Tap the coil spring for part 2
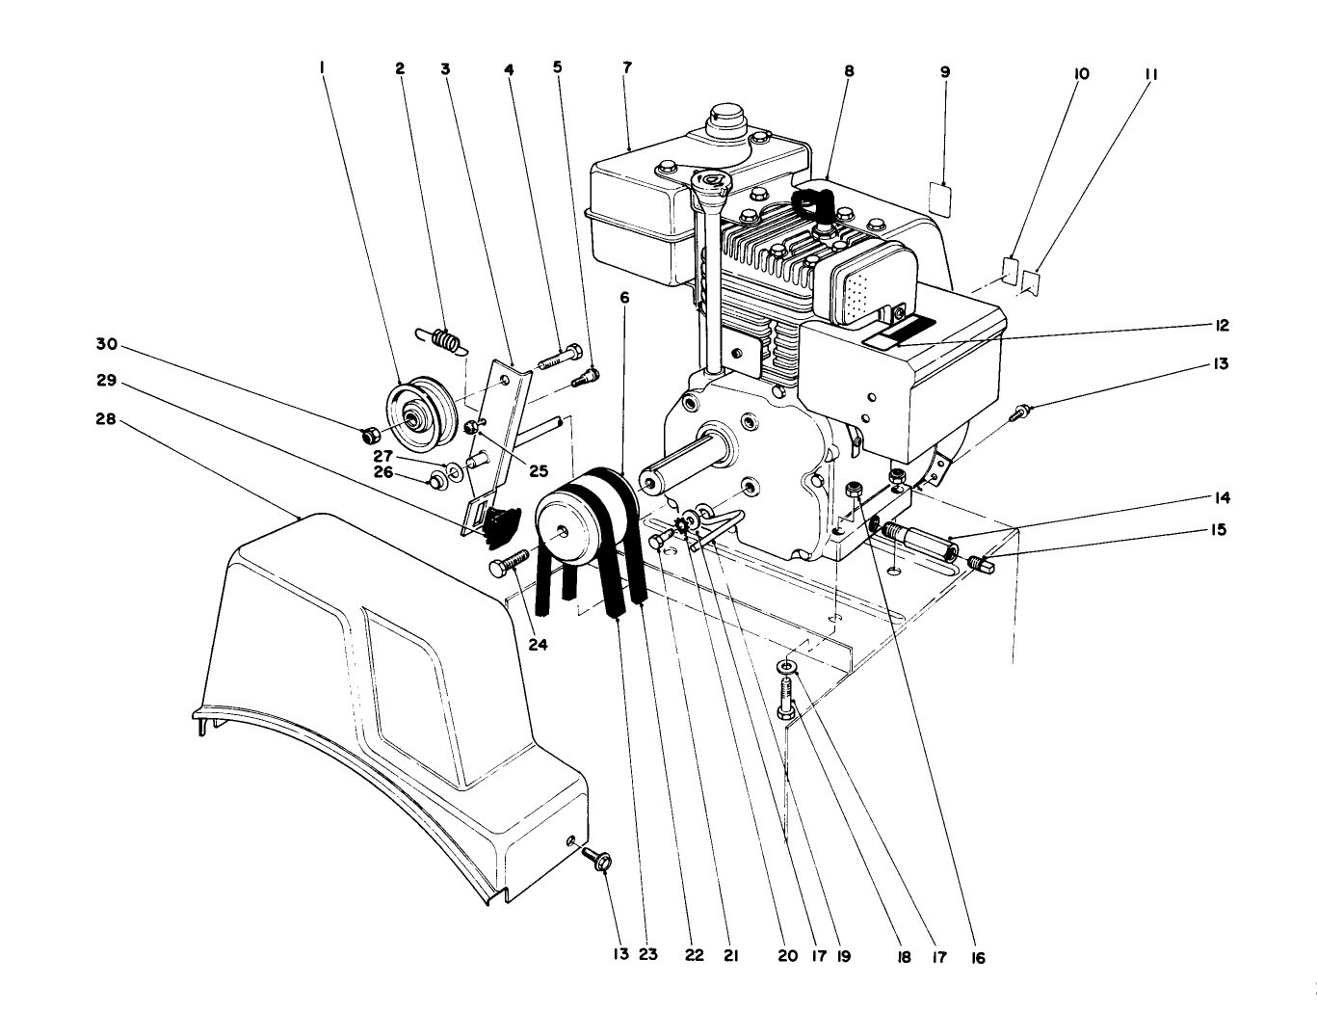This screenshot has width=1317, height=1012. tap(443, 340)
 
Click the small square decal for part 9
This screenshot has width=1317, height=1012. tap(939, 199)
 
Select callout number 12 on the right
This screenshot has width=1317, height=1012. tap(1222, 326)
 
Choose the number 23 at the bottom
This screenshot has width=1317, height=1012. tap(647, 954)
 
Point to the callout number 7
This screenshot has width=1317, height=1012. tap(627, 68)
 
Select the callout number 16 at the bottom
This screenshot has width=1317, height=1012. tap(978, 958)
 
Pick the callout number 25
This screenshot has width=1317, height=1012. tap(537, 472)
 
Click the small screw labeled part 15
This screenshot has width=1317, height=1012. tap(980, 561)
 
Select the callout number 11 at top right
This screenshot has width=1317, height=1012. tap(1151, 73)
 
